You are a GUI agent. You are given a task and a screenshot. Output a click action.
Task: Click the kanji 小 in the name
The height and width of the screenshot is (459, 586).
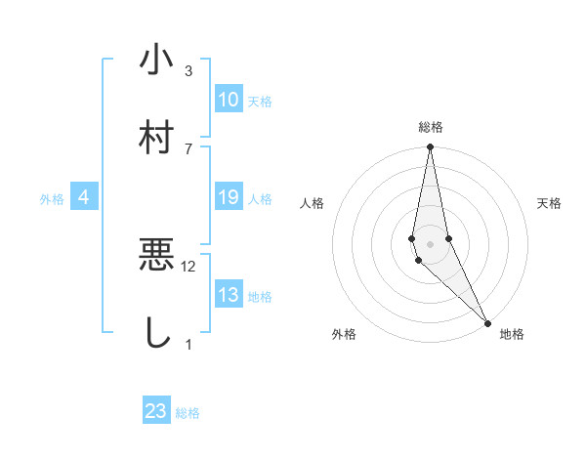[156, 61]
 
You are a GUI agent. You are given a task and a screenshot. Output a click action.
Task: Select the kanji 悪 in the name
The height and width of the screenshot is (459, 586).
[156, 256]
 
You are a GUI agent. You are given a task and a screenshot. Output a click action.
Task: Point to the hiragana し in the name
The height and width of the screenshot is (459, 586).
[156, 332]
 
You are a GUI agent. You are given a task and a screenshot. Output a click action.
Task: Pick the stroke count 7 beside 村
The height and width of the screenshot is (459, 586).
[188, 147]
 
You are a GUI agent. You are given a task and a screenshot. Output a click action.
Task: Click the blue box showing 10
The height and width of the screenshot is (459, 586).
[229, 100]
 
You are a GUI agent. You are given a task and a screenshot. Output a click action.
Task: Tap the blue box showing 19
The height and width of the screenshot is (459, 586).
[229, 197]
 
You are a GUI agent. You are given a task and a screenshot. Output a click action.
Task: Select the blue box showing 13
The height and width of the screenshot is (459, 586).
[229, 295]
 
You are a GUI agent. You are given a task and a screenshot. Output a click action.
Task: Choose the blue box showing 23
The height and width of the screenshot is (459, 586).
[156, 411]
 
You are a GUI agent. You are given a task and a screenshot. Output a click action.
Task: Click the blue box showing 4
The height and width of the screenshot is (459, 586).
[84, 197]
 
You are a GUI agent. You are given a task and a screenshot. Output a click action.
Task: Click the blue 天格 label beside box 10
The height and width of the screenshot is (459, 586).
[260, 102]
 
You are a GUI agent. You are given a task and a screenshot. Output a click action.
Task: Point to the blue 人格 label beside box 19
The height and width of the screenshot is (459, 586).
[260, 199]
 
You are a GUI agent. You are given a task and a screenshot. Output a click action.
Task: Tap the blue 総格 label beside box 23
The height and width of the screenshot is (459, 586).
[188, 413]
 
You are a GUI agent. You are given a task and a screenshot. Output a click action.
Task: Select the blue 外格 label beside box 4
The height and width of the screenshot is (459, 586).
[52, 199]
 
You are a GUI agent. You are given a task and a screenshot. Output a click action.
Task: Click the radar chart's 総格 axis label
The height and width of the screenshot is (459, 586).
[431, 127]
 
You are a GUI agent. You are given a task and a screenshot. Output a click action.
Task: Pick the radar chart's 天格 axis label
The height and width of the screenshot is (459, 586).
[550, 203]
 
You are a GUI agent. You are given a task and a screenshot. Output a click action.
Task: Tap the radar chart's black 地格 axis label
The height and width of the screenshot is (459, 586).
[512, 334]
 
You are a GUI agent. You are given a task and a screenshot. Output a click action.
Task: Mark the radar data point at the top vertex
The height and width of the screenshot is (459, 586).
[431, 147]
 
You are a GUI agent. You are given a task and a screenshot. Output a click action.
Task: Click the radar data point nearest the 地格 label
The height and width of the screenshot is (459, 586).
[487, 321]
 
